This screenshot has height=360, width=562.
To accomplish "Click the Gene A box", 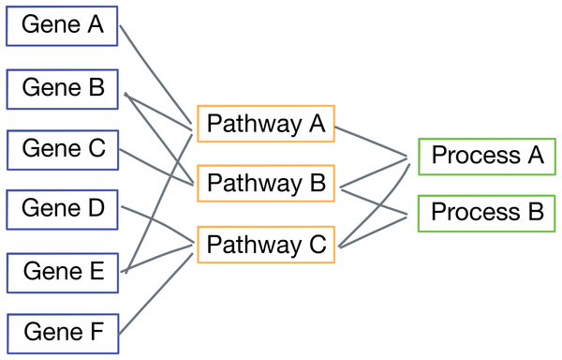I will [62, 25].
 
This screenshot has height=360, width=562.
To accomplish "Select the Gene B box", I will [62, 88].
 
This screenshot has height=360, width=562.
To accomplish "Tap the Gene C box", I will [62, 149].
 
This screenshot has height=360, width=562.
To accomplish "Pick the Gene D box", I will [62, 209].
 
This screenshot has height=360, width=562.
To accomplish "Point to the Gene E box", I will [62, 271].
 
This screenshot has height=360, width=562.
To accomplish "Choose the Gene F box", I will [62, 332].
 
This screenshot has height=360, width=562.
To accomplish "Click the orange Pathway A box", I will [265, 123].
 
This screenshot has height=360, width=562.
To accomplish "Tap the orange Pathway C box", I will [265, 246].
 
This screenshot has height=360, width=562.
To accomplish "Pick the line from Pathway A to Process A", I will [372, 140].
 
